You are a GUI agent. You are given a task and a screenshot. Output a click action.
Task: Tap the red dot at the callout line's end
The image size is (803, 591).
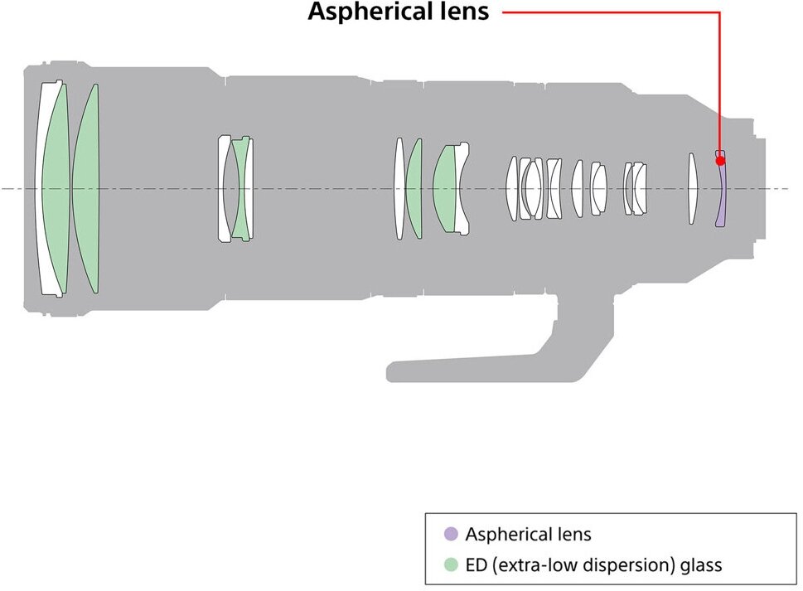(720, 161)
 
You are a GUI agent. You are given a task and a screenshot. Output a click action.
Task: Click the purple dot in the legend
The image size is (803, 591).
(451, 534)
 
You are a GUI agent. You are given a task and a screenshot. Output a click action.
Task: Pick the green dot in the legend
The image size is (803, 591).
(451, 565)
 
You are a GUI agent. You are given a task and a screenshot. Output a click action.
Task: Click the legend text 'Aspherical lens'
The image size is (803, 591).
(528, 534)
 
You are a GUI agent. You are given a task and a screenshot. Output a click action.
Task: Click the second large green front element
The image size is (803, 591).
(86, 189)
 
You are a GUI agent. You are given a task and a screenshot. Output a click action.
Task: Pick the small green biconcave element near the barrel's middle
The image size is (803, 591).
(241, 189)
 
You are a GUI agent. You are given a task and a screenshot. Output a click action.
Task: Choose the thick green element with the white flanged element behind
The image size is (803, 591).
(445, 189)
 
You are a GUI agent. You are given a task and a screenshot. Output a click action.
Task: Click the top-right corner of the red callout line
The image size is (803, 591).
(719, 12)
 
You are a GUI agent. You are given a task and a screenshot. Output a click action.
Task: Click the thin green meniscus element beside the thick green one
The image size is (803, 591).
(414, 189)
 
